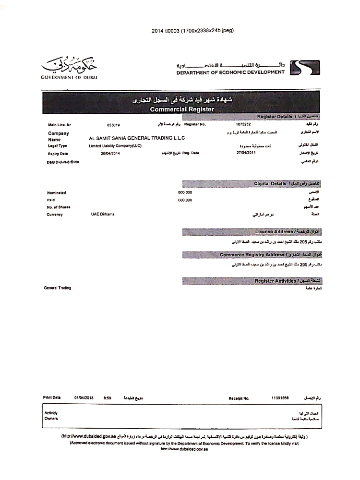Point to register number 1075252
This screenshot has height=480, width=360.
click(237, 124)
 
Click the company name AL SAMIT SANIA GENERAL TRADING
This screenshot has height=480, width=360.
click(137, 138)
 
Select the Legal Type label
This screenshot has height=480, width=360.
click(58, 145)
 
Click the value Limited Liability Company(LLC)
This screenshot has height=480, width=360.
click(115, 145)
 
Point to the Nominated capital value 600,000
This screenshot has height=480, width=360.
click(185, 192)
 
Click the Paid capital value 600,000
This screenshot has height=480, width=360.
click(185, 200)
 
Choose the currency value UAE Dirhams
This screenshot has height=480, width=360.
click(103, 214)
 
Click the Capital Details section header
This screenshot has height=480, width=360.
click(270, 184)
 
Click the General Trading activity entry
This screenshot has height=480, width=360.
click(58, 288)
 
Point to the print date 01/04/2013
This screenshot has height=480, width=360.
click(84, 397)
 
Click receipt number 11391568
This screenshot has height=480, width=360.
click(280, 398)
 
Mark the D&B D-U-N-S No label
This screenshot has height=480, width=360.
click(63, 162)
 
